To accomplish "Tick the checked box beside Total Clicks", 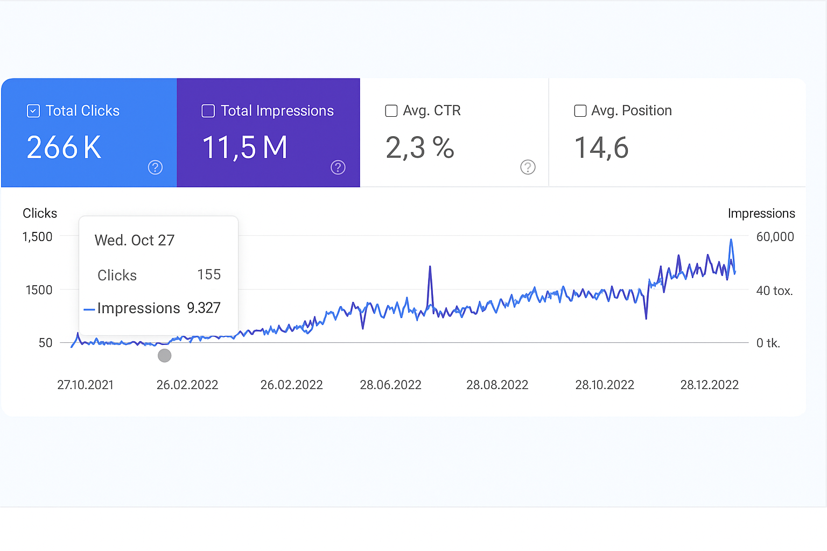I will [x=33, y=111].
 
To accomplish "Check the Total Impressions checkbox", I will [x=208, y=111].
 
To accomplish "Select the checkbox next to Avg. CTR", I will [x=391, y=111].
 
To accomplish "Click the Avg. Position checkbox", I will [x=580, y=111].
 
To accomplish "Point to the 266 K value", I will [x=64, y=147].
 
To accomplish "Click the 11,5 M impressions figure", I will [x=245, y=147].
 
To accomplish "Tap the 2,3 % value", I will [x=420, y=147].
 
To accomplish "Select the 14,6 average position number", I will [x=601, y=147].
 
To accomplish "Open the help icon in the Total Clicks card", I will [x=155, y=167].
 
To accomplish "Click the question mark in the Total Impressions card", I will [x=338, y=167].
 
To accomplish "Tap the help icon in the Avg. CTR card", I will [x=528, y=167].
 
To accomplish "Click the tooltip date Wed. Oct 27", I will [x=135, y=240].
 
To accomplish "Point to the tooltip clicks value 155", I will [x=209, y=274].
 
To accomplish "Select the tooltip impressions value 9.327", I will [x=204, y=308].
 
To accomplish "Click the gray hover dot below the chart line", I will [x=165, y=355].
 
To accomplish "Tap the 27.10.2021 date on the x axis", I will [x=86, y=385].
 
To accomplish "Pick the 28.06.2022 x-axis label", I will [x=390, y=385].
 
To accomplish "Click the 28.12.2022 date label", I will [x=709, y=385].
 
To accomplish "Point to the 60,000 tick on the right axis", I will [x=775, y=237].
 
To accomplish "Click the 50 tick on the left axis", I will [x=45, y=343].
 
